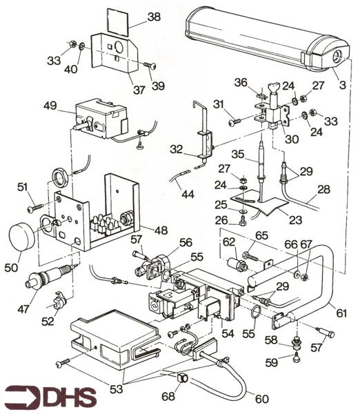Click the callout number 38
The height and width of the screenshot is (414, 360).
click(154, 17)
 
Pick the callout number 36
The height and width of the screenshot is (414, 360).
click(239, 82)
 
